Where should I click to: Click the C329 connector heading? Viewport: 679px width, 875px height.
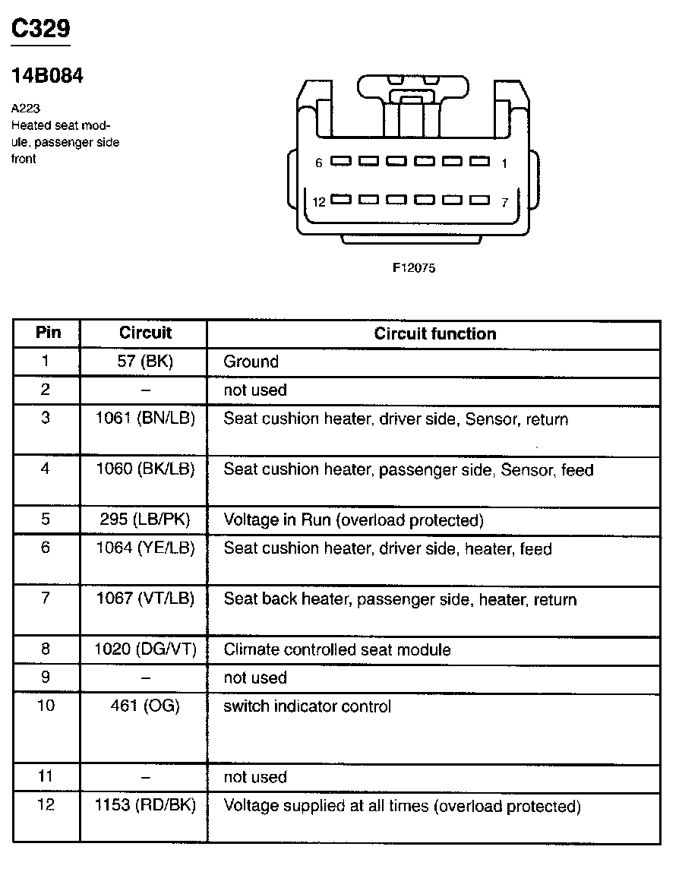click(x=41, y=29)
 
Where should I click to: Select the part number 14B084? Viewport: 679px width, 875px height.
click(x=47, y=76)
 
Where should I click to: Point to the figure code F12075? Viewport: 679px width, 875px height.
click(x=414, y=267)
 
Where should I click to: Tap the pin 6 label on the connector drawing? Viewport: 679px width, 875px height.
click(x=319, y=163)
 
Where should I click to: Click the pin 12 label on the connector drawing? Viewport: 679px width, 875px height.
click(x=319, y=201)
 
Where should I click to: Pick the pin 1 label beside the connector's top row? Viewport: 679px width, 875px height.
click(x=505, y=163)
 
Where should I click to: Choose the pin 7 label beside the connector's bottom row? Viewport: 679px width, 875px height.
click(x=505, y=202)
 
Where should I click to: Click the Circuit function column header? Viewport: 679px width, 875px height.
click(x=434, y=333)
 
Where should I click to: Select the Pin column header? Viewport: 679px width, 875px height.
click(x=48, y=333)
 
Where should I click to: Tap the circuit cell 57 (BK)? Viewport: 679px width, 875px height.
click(x=145, y=362)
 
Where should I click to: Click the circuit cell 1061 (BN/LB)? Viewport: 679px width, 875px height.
click(x=145, y=419)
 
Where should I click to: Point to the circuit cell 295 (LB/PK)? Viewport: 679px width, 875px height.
click(x=145, y=520)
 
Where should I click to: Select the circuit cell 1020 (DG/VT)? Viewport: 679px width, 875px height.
click(x=145, y=649)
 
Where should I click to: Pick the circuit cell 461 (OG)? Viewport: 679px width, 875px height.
click(x=145, y=706)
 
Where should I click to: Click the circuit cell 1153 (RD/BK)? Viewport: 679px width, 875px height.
click(x=145, y=806)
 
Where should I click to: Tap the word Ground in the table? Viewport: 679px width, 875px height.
click(x=251, y=362)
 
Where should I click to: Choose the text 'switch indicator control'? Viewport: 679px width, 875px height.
click(x=307, y=706)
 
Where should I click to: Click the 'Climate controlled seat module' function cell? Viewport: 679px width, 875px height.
click(x=336, y=649)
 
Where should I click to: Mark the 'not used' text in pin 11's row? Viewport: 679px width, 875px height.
click(x=254, y=777)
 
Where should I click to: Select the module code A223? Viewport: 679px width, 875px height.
click(x=26, y=108)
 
